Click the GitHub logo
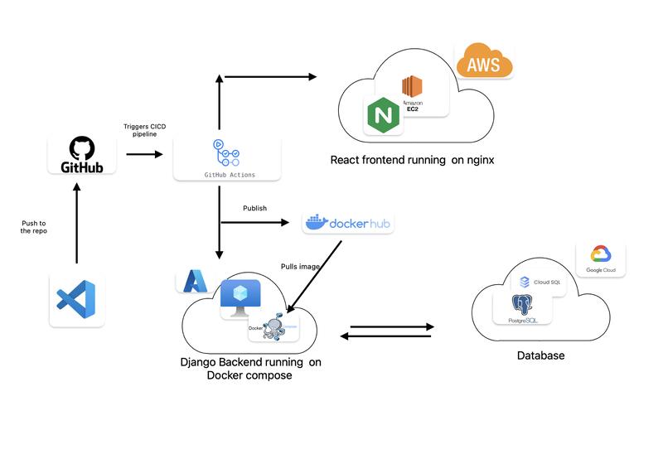pyautogui.click(x=81, y=155)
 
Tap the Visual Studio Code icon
pyautogui.click(x=76, y=300)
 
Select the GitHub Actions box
pyautogui.click(x=226, y=158)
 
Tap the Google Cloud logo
pyautogui.click(x=600, y=258)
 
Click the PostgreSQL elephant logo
pyautogui.click(x=522, y=307)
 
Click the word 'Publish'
pyautogui.click(x=254, y=208)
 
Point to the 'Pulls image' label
pyautogui.click(x=300, y=266)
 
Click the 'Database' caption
pyautogui.click(x=540, y=355)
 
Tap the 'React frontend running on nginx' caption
pyautogui.click(x=412, y=160)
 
